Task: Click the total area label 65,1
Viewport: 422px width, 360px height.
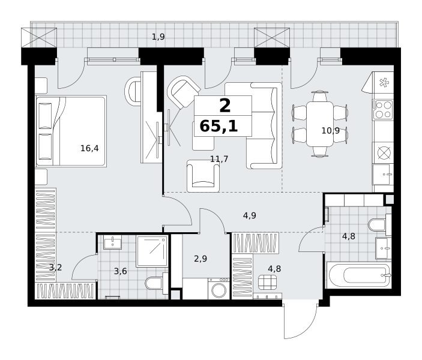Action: [x=219, y=126]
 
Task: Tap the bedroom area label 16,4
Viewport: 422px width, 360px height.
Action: [x=89, y=148]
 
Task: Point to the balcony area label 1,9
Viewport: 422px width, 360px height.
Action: [x=158, y=37]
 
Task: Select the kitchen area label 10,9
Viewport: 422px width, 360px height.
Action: [x=331, y=131]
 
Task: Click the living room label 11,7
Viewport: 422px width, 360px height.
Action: [x=219, y=159]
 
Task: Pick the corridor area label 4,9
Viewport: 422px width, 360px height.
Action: [x=250, y=215]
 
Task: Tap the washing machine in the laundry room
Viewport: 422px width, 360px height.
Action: [x=219, y=289]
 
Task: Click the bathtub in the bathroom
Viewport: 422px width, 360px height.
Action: [x=358, y=275]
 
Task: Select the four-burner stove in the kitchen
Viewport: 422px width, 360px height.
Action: [x=383, y=110]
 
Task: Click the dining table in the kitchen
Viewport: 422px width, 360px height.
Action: [x=320, y=124]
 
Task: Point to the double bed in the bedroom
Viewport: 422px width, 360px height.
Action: [x=71, y=131]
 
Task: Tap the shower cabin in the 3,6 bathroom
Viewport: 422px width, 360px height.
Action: [x=152, y=251]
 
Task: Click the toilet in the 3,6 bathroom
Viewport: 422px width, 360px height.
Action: [x=157, y=283]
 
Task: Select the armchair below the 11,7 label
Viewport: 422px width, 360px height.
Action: [x=203, y=176]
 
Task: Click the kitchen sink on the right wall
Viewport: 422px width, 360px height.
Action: [x=382, y=175]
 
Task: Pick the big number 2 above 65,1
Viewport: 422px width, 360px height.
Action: [x=225, y=106]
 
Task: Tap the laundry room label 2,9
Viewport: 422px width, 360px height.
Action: [x=200, y=259]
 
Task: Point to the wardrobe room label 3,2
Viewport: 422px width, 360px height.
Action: [x=56, y=268]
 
